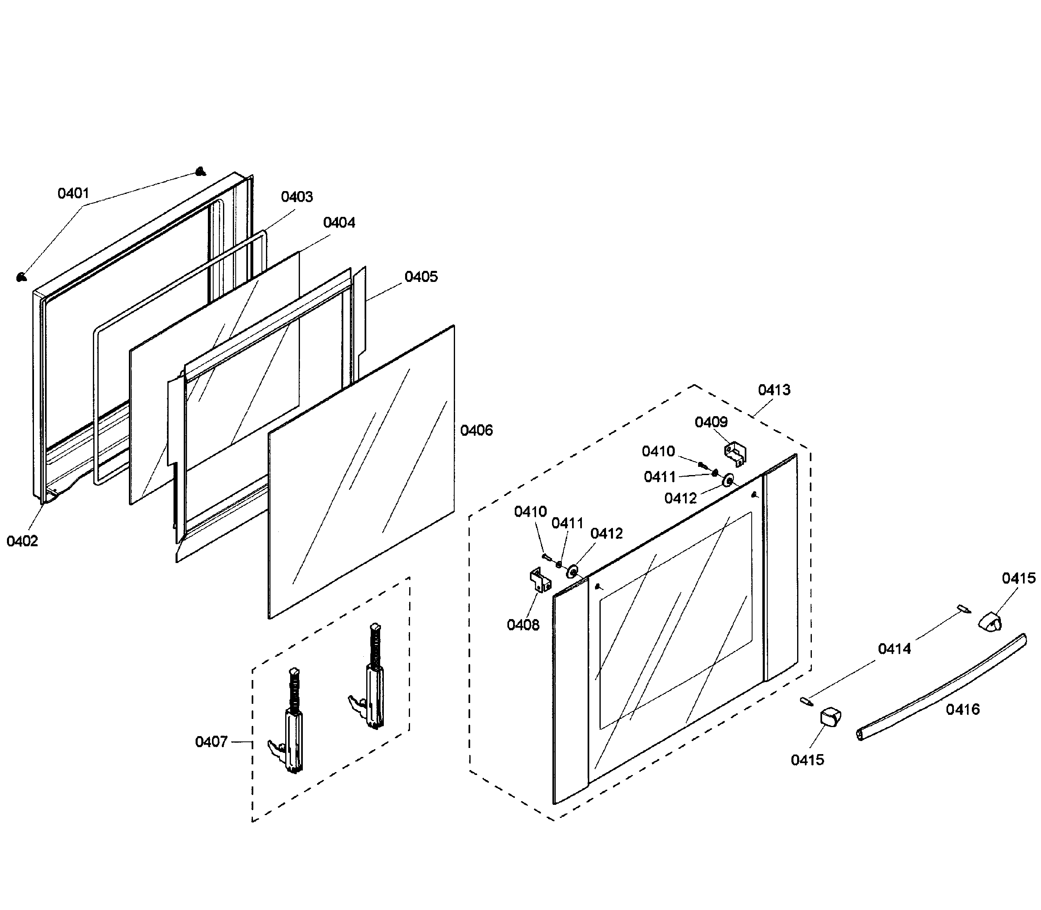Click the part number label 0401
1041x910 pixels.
[73, 193]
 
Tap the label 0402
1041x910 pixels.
[23, 541]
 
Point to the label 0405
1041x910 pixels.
[421, 277]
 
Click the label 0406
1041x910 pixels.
[476, 430]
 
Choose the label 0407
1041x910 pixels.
[211, 742]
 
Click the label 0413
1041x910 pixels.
[774, 390]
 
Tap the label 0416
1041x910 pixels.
[962, 710]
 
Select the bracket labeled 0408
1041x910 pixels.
[540, 581]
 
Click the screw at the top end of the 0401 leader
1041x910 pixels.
[201, 171]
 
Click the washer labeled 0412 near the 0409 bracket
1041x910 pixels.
[729, 480]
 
